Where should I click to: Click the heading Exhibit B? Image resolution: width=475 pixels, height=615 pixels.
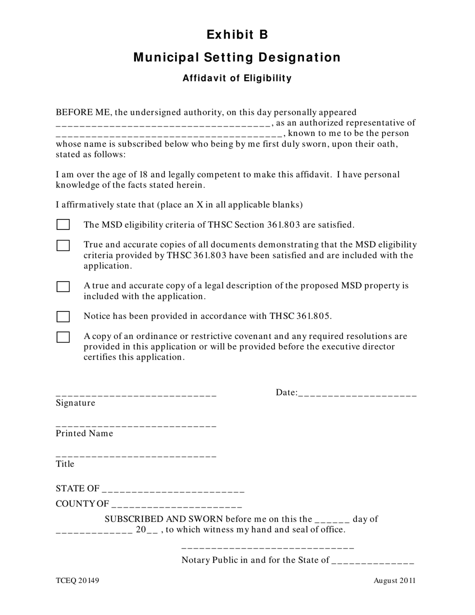(237, 34)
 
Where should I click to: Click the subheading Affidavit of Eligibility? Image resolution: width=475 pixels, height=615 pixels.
(237, 78)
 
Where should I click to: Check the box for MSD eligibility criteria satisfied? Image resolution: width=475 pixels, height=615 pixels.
(63, 224)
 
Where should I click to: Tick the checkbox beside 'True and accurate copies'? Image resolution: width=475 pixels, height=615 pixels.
(63, 245)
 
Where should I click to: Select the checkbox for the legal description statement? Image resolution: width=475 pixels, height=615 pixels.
(63, 286)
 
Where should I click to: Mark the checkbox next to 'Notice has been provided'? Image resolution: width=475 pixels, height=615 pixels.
(63, 316)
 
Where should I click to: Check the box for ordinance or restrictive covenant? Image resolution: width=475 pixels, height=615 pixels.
(63, 337)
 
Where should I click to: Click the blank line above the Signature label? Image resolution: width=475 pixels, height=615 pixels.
(136, 394)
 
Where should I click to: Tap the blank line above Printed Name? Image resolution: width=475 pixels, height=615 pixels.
(136, 425)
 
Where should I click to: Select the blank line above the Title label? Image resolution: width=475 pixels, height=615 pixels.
(136, 455)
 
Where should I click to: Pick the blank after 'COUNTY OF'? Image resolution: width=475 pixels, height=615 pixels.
(177, 505)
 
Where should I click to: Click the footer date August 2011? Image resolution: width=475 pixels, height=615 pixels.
(394, 580)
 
